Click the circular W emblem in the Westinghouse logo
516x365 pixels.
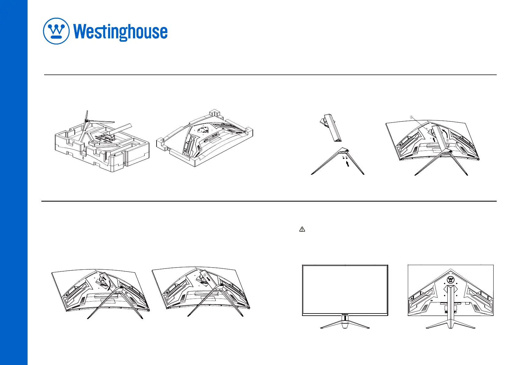(56, 31)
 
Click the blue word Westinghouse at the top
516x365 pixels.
(120, 32)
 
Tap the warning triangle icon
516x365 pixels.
(302, 229)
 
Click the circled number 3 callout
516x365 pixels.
(205, 275)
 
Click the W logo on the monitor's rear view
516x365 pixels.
(451, 279)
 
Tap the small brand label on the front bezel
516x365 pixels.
(345, 314)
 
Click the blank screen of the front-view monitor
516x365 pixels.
(345, 289)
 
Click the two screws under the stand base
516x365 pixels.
(345, 157)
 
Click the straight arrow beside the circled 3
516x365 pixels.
(209, 279)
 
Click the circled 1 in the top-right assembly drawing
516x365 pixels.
(412, 117)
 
